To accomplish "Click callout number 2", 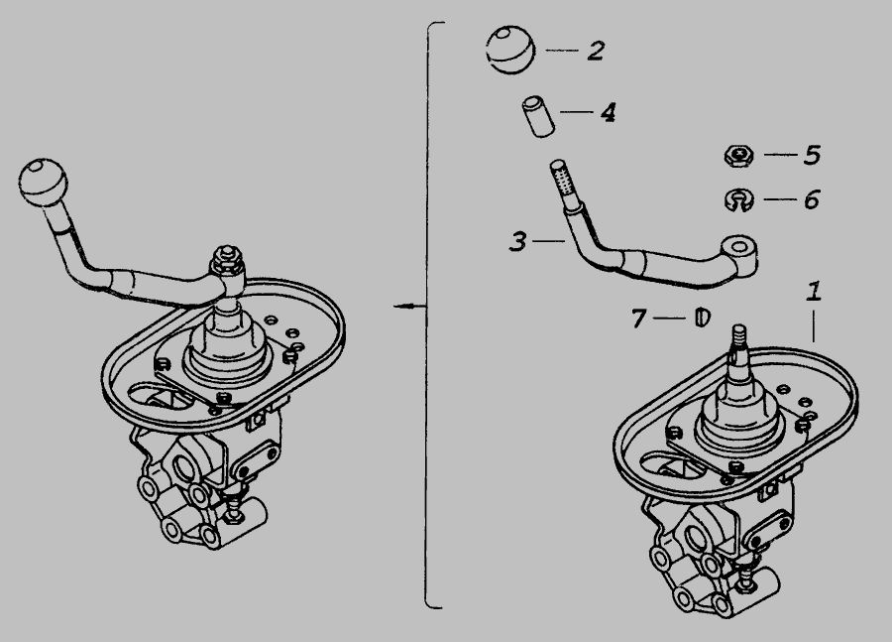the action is pos(596,51).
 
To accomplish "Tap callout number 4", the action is pos(609,112).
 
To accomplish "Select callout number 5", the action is pos(812,155).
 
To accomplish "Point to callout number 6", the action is pos(811,199).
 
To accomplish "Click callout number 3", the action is pos(517,241).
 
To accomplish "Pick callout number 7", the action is pos(638,318).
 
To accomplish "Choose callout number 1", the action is pos(814,291).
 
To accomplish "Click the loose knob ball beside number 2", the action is pos(510,50).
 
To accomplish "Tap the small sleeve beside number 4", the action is pos(539,117).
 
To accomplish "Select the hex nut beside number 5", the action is pos(739,155).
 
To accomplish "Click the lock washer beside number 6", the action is pos(739,200).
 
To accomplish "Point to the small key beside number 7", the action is pos(703,317).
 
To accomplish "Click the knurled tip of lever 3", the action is pos(562,178).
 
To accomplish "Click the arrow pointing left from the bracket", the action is pos(410,307).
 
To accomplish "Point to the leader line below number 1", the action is pos(814,325).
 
